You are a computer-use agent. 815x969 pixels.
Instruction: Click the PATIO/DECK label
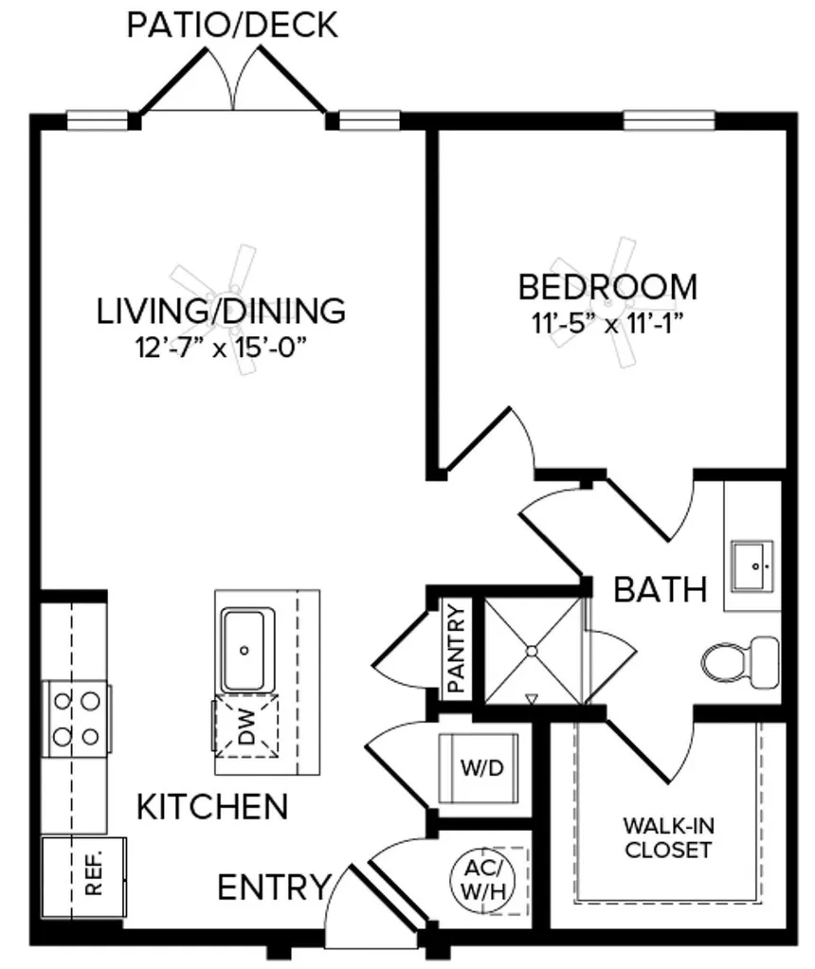point(232,25)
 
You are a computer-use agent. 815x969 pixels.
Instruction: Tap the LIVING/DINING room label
point(221,310)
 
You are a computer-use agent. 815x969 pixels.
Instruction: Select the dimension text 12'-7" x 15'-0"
point(223,348)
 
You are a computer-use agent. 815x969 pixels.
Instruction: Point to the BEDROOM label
point(607,286)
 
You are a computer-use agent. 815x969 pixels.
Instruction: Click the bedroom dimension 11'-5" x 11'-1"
point(607,323)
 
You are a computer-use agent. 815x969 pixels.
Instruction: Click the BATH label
point(661,589)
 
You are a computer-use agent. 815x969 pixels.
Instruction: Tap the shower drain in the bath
point(532,651)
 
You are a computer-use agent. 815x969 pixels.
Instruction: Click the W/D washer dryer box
point(480,766)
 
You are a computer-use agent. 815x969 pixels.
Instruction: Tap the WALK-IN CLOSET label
point(667,837)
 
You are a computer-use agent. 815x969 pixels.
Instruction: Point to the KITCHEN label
point(212,807)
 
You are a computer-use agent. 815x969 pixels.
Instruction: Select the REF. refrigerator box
point(93,877)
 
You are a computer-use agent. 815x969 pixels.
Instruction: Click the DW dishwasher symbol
point(245,727)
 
